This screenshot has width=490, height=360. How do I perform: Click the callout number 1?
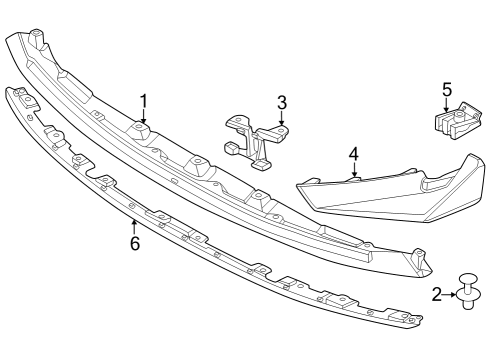tap(144, 100)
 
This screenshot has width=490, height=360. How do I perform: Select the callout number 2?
tap(437, 294)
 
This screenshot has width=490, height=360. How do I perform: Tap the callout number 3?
tap(283, 102)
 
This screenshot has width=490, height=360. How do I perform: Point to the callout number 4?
tap(353, 154)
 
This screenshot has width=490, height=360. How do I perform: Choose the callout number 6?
tap(134, 242)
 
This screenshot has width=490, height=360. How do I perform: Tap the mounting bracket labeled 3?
tap(256, 140)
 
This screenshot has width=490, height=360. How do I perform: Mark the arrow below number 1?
tap(144, 116)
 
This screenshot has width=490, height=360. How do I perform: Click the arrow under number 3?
tap(283, 118)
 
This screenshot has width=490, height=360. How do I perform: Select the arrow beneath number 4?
tap(353, 170)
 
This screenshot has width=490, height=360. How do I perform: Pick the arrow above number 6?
tap(134, 226)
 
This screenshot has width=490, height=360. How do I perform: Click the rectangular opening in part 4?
tap(437, 185)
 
